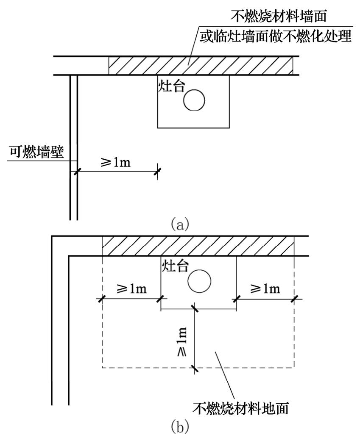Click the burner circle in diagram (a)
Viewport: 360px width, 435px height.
(194, 100)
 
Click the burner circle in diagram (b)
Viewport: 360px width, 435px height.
(199, 281)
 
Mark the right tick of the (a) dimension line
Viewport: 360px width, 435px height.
(158, 171)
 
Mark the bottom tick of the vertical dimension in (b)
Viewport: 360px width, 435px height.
(195, 367)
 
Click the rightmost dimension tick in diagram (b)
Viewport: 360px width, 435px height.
(294, 299)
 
